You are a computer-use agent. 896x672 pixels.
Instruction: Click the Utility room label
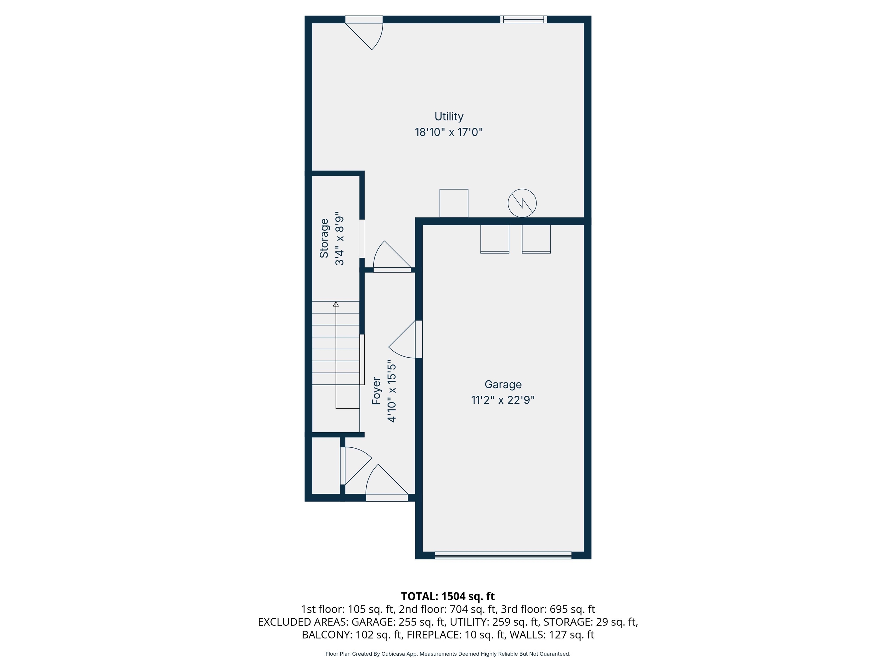(448, 117)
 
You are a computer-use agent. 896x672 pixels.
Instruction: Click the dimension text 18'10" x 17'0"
(448, 132)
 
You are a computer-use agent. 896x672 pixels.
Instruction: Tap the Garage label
(503, 384)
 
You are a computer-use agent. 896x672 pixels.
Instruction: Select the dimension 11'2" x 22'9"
(503, 400)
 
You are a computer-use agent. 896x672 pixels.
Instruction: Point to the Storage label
(324, 238)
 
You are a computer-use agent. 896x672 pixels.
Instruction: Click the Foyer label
(376, 391)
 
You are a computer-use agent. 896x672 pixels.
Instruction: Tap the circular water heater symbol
(522, 203)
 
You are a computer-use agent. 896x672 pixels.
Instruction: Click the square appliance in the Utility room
(454, 203)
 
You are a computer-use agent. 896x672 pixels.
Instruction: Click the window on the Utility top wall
(523, 20)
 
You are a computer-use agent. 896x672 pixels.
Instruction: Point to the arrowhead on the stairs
(336, 304)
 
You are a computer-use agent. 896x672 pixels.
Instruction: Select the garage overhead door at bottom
(503, 555)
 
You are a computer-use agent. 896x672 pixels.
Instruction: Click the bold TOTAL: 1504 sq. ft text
(448, 596)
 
